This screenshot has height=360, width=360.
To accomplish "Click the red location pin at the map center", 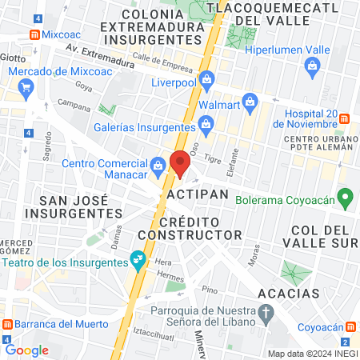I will [180, 162].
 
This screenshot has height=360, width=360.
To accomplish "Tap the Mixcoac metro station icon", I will [34, 35].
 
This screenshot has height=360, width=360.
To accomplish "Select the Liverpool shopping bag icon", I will [207, 80].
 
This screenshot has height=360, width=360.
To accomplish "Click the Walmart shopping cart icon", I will [250, 102].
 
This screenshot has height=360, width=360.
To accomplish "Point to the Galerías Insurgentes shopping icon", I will [206, 122].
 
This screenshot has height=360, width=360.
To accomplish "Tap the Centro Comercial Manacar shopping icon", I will [158, 165].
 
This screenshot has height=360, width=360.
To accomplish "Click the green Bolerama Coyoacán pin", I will [346, 195].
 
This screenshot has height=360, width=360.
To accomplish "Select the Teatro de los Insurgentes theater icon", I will [138, 258].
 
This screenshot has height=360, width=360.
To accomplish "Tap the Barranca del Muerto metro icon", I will [7, 325].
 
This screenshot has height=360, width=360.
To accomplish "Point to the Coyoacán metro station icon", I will [350, 327].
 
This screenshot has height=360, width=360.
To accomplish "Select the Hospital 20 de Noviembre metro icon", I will [342, 118].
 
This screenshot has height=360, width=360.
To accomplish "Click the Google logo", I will [26, 350].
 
